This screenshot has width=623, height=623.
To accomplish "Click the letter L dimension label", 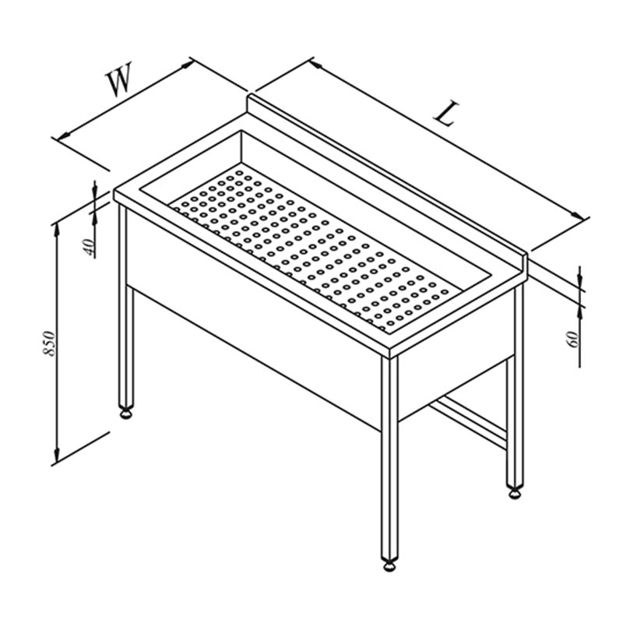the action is pos(446,114).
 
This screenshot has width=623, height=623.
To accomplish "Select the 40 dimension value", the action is pos(90,247).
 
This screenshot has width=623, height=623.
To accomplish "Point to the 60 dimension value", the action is pos(574,339).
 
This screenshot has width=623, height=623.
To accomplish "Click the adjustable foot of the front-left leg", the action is pos(126,414).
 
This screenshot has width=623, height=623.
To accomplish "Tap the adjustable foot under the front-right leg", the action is pos(390,565).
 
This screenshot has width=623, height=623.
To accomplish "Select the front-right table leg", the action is pos(389,457).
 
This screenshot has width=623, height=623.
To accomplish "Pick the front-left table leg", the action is pos(126,306).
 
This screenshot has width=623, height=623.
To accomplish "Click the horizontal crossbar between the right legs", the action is pos(469,424).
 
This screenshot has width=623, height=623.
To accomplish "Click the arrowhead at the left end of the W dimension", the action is pos(64,135).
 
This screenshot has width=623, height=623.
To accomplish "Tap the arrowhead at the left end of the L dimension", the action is pos(317,64).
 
